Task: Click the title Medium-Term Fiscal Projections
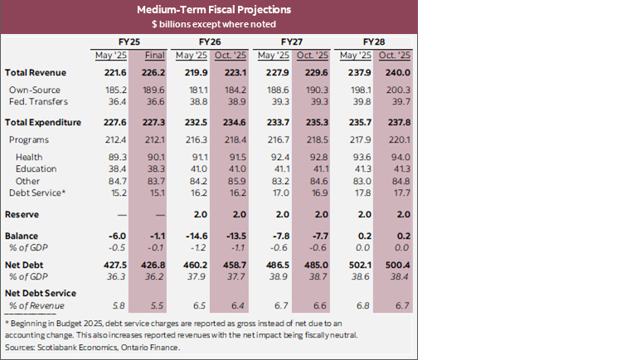[208, 11]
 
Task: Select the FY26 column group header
[209, 41]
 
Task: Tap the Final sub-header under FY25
[153, 56]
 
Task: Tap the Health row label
[29, 157]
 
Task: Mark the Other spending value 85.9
[235, 180]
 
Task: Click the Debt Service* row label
[36, 192]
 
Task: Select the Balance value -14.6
[192, 236]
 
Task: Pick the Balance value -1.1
[155, 236]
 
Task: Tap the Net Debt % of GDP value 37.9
[194, 276]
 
